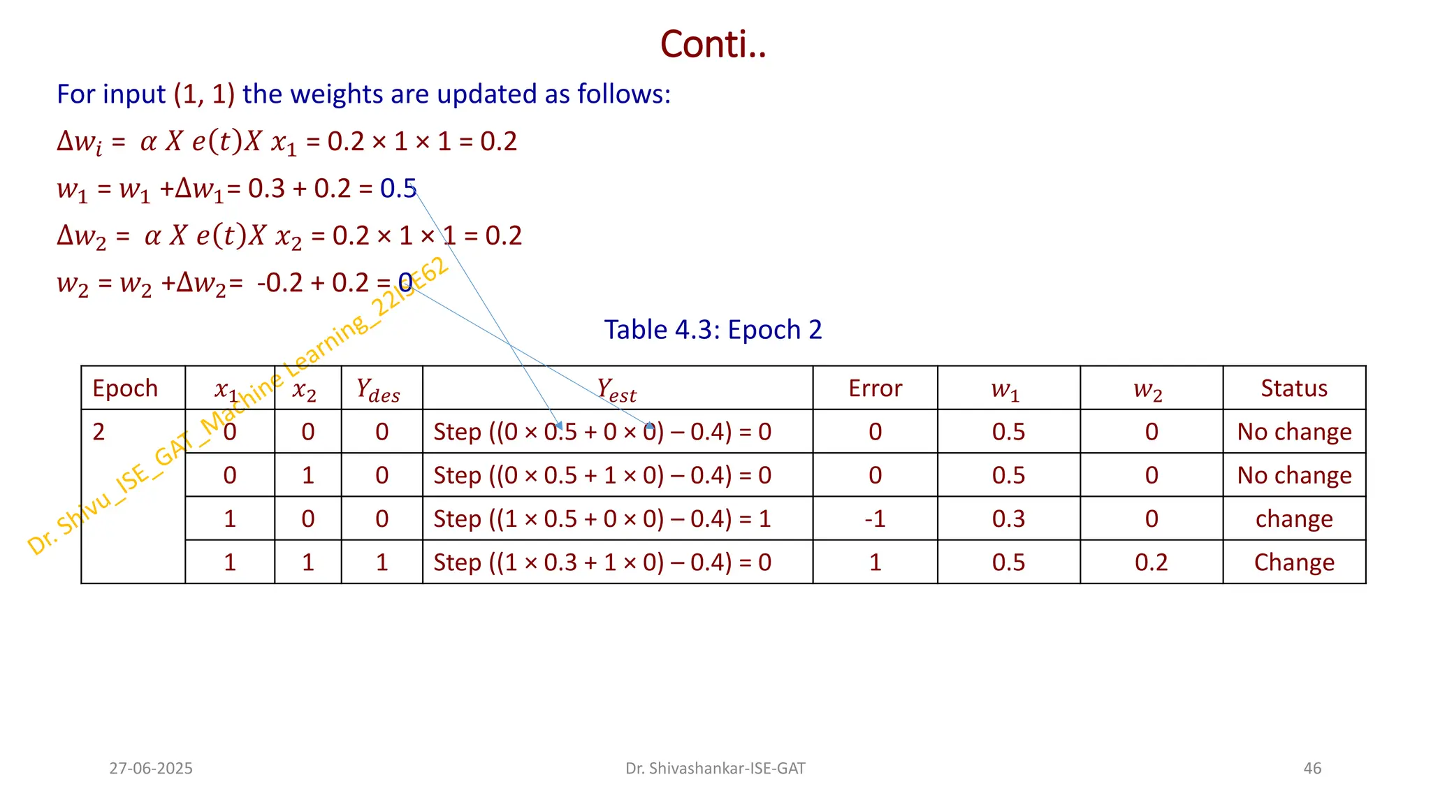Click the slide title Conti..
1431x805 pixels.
(x=713, y=45)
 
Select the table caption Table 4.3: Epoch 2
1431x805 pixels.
(x=713, y=330)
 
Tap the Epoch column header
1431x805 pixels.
(x=125, y=389)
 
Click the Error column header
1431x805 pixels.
(x=875, y=389)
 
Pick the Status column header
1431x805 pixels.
(x=1294, y=389)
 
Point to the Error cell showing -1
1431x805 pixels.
(x=875, y=519)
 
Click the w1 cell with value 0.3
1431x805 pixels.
(x=1008, y=519)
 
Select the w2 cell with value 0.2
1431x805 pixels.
(x=1151, y=563)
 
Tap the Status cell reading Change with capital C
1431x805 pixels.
(x=1294, y=563)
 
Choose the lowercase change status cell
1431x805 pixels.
(x=1294, y=519)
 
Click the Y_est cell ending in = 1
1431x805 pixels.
(x=602, y=519)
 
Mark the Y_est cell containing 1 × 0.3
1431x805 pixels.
(x=602, y=563)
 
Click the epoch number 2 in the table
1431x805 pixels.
(x=99, y=432)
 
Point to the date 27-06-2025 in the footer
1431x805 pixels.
(x=151, y=769)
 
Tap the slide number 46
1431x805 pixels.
(x=1312, y=769)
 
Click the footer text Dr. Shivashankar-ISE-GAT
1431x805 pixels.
(x=715, y=769)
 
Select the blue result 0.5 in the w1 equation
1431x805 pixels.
(x=398, y=189)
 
